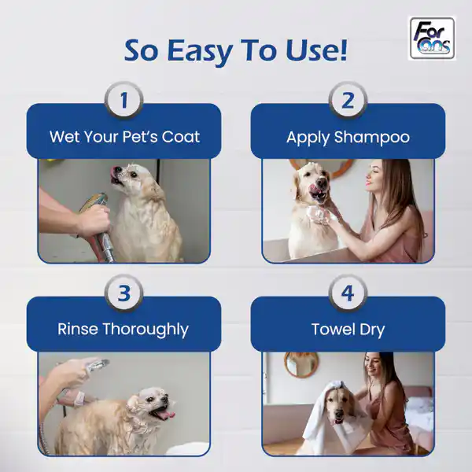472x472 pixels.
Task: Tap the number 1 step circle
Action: tap(124, 100)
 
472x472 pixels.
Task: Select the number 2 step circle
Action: tap(348, 100)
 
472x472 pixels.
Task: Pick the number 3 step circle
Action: tap(124, 293)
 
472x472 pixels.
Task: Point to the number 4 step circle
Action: tap(348, 293)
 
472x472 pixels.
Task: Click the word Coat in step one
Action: tap(181, 137)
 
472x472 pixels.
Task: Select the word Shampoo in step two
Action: tap(372, 138)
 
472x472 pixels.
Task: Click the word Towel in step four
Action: tap(331, 329)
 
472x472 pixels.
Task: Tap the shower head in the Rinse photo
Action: tap(96, 365)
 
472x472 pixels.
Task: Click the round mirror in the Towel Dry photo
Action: tap(301, 363)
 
